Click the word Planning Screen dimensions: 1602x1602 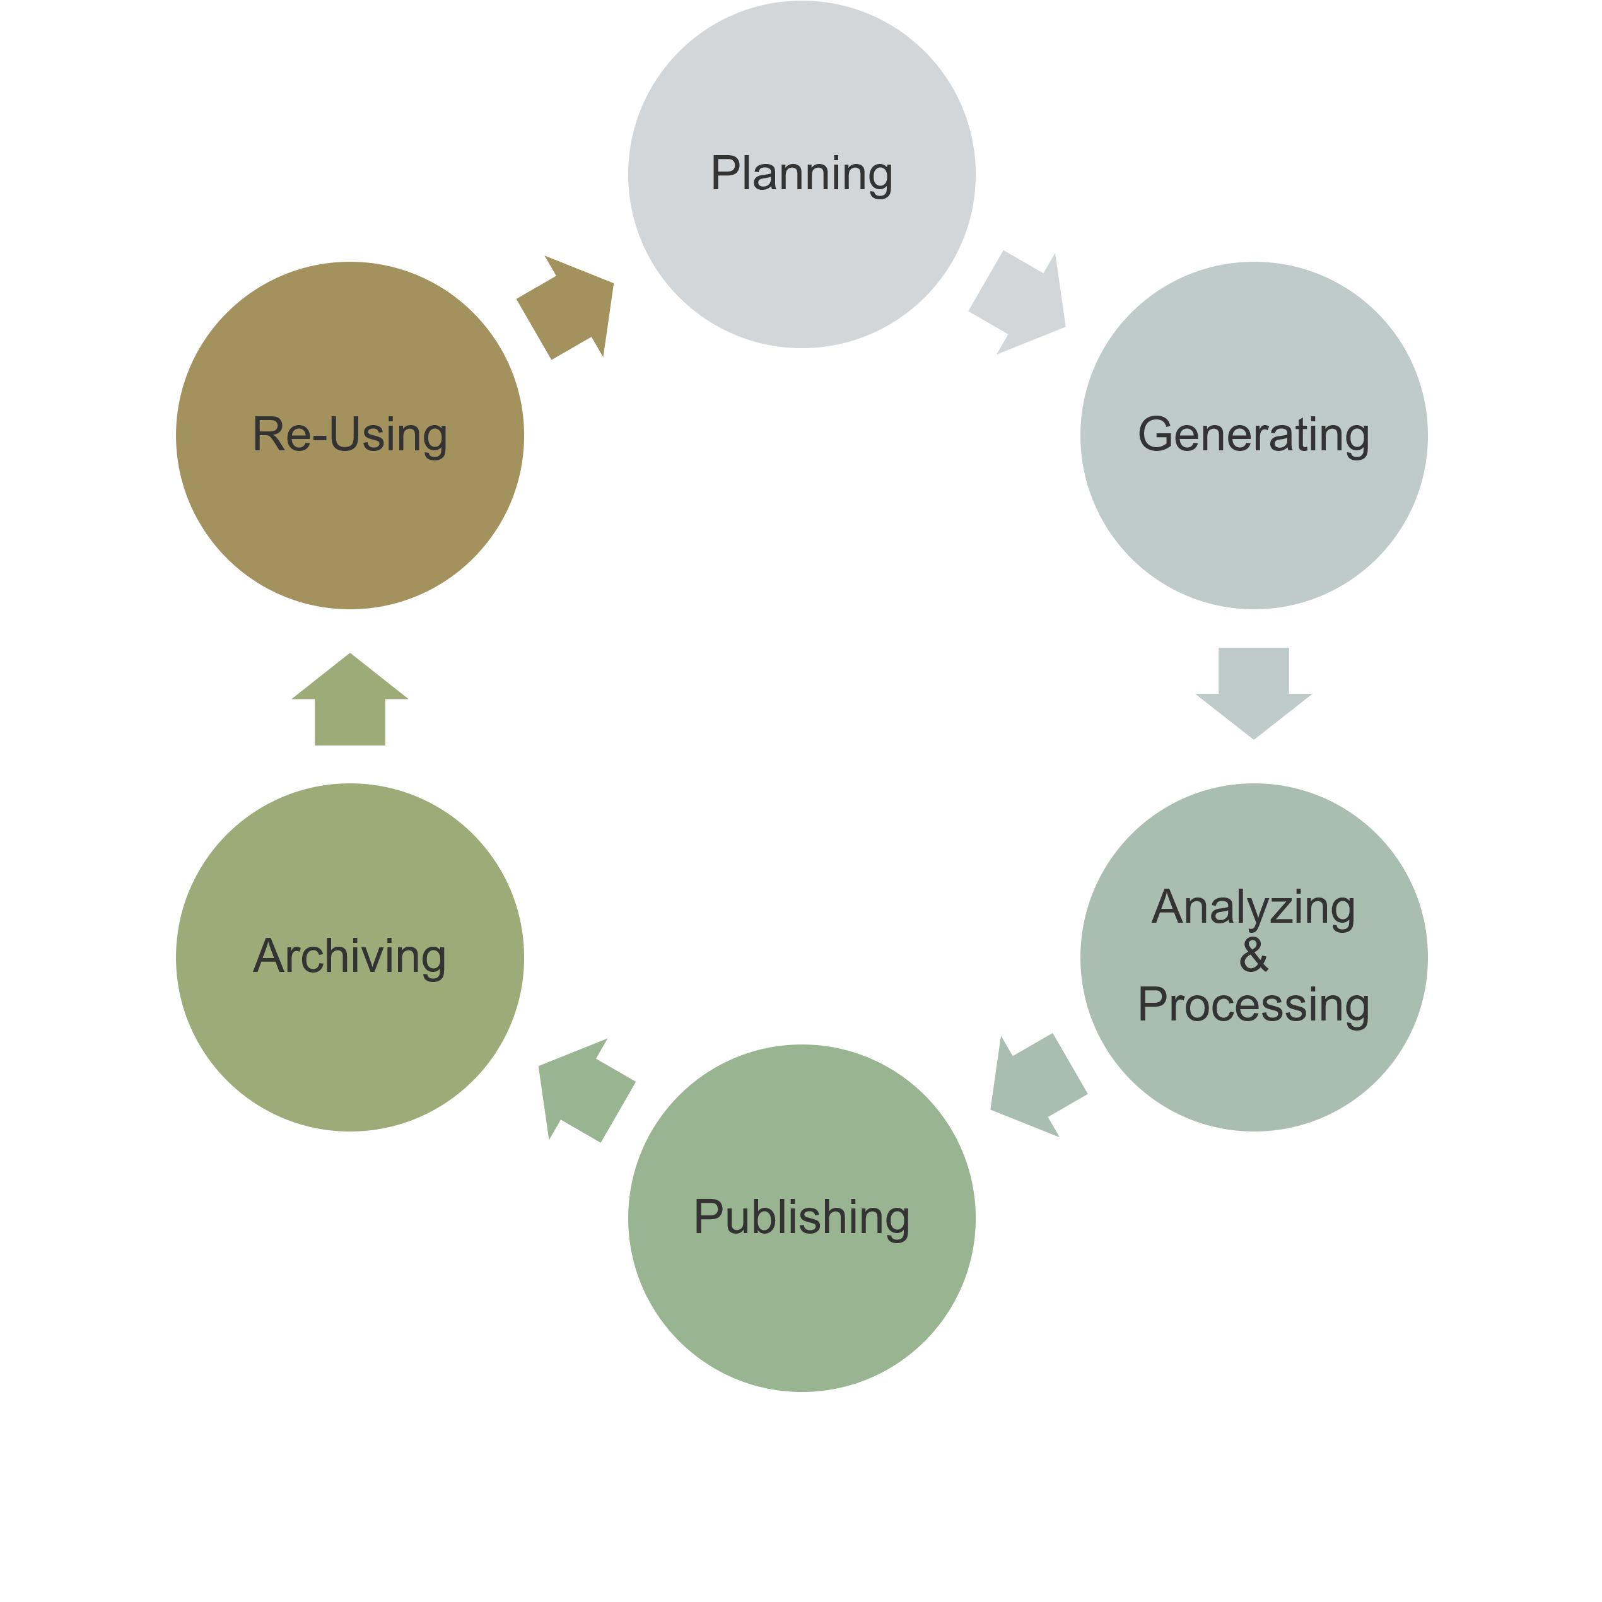click(801, 174)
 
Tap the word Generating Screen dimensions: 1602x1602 click(1253, 435)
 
